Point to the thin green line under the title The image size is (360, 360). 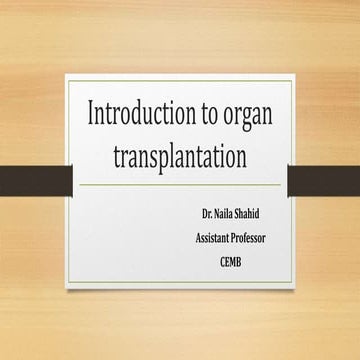click(180, 185)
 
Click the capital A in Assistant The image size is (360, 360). click(198, 237)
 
